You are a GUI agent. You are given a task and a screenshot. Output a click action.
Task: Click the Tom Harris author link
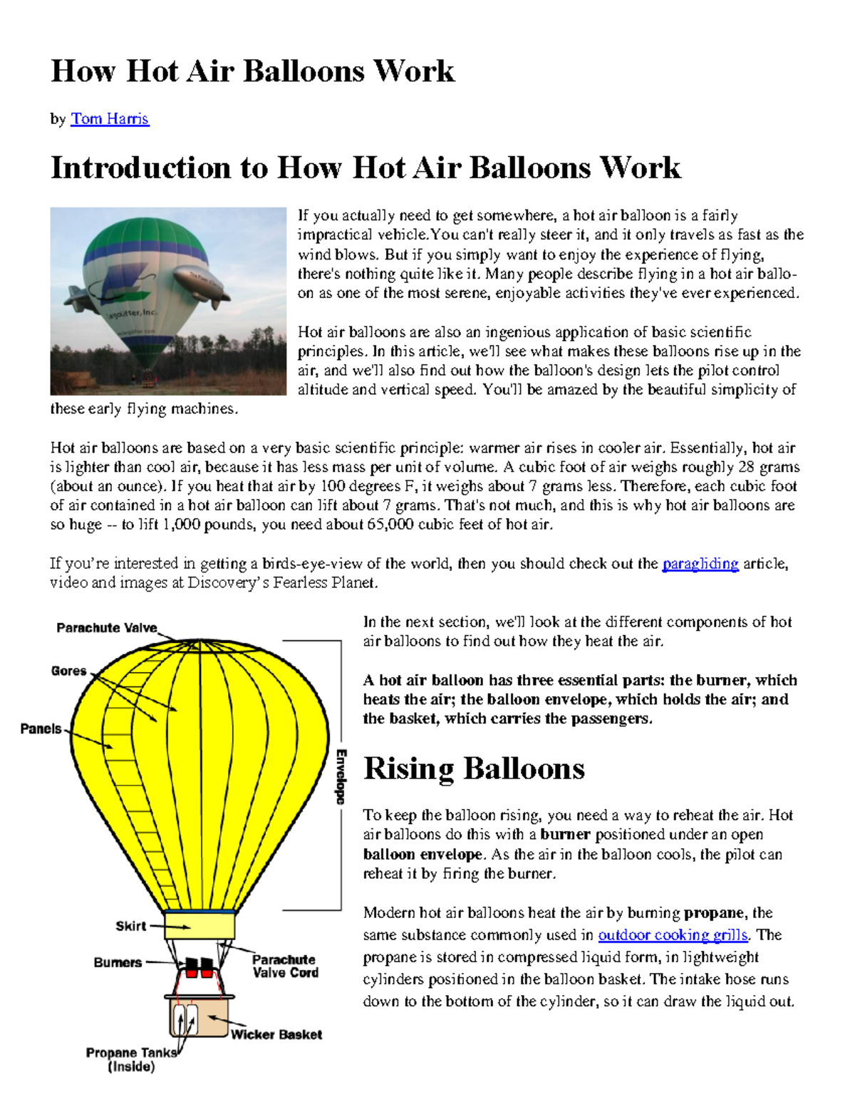[x=110, y=119]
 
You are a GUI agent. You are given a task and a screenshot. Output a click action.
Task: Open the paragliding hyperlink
[x=700, y=564]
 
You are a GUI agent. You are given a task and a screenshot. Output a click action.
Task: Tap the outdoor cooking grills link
[x=673, y=934]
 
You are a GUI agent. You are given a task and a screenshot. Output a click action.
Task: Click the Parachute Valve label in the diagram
[x=107, y=628]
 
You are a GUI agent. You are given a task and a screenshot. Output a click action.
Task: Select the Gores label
[x=68, y=671]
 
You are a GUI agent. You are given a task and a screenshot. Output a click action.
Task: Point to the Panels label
[x=41, y=728]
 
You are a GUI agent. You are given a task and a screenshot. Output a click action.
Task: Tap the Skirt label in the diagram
[x=130, y=926]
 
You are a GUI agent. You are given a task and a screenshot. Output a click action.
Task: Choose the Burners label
[x=118, y=962]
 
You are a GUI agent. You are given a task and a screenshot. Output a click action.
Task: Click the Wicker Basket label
[x=276, y=1034]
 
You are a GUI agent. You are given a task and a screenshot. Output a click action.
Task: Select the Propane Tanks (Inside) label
[x=131, y=1059]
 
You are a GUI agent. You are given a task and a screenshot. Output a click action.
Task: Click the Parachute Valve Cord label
[x=285, y=966]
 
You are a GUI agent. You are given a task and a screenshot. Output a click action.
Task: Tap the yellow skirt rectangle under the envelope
[x=199, y=926]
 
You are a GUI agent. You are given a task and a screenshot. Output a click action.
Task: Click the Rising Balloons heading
[x=474, y=769]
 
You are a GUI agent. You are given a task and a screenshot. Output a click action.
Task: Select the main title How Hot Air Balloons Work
[x=252, y=71]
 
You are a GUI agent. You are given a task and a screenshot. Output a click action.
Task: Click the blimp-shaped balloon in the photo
[x=202, y=285]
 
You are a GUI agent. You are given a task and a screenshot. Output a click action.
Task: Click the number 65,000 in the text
[x=390, y=525]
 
